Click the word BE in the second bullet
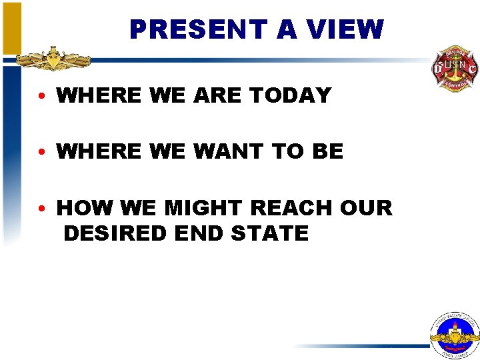click(327, 151)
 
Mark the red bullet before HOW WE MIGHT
click(42, 209)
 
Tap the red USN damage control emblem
click(455, 68)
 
